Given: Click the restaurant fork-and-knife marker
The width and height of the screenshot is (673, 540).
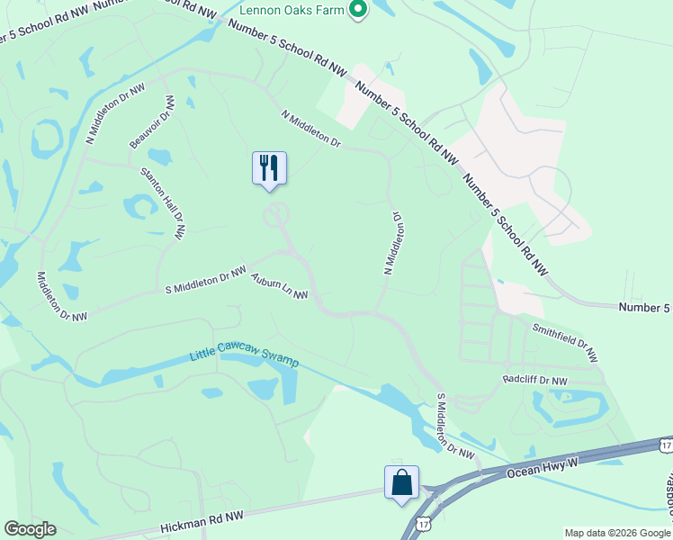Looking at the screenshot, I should pos(269,168).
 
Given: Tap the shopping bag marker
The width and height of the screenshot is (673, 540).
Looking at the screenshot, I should pos(401,481).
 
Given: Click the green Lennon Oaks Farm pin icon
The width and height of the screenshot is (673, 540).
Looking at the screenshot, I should pos(357,11).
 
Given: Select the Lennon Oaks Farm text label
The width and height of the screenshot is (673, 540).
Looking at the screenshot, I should pos(294,12).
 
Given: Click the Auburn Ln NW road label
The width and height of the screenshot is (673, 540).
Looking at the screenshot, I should pos(279,286).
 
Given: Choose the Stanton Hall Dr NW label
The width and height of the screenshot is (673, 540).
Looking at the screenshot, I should pos(162,202).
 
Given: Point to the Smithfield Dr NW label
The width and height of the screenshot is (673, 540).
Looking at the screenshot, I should pos(564,343).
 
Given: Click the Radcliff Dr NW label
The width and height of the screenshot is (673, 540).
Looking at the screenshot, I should pos(535,381).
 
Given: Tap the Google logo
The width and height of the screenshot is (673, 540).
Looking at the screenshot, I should pos(30,529).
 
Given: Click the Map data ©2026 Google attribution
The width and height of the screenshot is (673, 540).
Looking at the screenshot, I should pos(616,533).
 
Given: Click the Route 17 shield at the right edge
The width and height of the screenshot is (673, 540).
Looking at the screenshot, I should pos(665,445).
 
